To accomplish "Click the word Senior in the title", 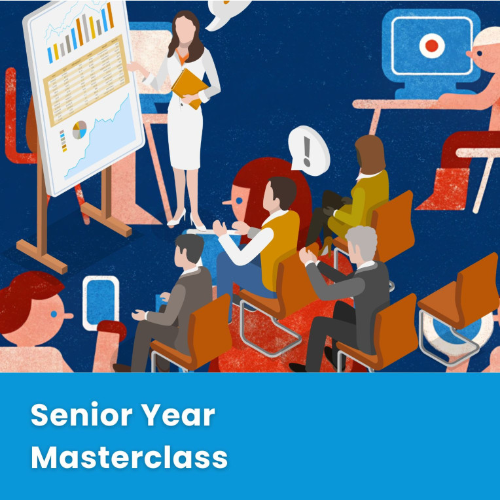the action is pyautogui.click(x=81, y=414).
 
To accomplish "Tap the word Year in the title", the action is pyautogui.click(x=178, y=414).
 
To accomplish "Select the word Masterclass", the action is pyautogui.click(x=130, y=457).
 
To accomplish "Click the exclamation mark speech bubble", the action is pyautogui.click(x=308, y=150).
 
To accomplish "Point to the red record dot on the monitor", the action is pyautogui.click(x=432, y=46).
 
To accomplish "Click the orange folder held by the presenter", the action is pyautogui.click(x=190, y=88).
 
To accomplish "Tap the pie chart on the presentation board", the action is pyautogui.click(x=79, y=130).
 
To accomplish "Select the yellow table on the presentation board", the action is pyautogui.click(x=86, y=80).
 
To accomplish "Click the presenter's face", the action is pyautogui.click(x=185, y=29).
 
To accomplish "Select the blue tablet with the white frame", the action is pyautogui.click(x=101, y=303).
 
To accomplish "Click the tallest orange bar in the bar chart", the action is pyautogui.click(x=110, y=15).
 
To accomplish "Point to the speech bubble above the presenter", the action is pyautogui.click(x=225, y=13).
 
